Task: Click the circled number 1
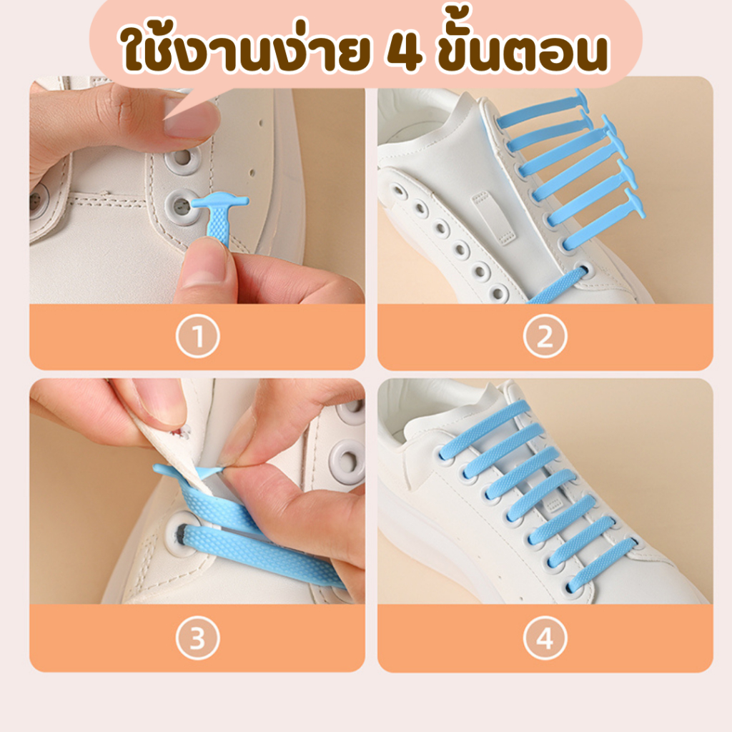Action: tap(197, 336)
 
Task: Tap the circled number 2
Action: tap(545, 336)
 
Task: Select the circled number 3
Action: tap(197, 638)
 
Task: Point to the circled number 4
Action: tap(545, 638)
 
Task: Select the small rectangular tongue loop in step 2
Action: tap(488, 218)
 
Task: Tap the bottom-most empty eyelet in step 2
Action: tap(498, 293)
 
